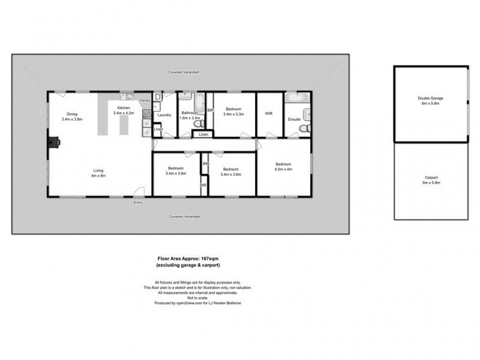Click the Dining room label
coord(72,114)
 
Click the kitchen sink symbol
coord(127,96)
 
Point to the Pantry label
coord(144,101)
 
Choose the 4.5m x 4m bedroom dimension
coord(283,169)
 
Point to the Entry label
coord(139,203)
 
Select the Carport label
coord(430,178)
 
